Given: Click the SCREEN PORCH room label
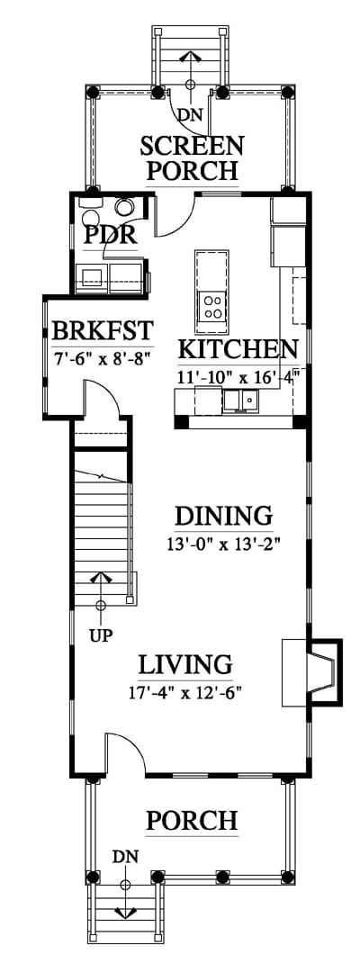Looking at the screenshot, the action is click(192, 157).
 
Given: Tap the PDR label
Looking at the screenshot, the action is click(111, 236).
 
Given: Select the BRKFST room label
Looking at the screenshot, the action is click(103, 331).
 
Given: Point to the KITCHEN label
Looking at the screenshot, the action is click(238, 349).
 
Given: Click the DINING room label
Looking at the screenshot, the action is click(224, 516).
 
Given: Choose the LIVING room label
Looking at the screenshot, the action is click(185, 664).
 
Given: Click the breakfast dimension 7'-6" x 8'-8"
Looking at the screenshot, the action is click(103, 357).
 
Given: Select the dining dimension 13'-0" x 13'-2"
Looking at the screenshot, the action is click(224, 544).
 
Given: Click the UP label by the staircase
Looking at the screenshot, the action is click(101, 636).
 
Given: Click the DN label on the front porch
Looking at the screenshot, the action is click(125, 857).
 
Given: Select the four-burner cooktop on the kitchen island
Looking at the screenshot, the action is click(211, 306).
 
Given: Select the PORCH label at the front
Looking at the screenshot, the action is click(192, 821).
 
